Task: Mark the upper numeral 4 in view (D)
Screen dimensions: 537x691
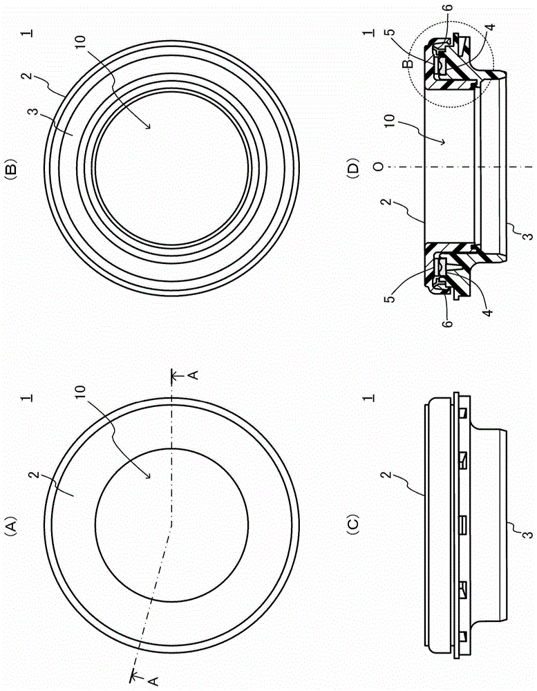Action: coord(490,26)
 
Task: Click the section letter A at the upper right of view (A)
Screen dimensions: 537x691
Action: coord(194,375)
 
